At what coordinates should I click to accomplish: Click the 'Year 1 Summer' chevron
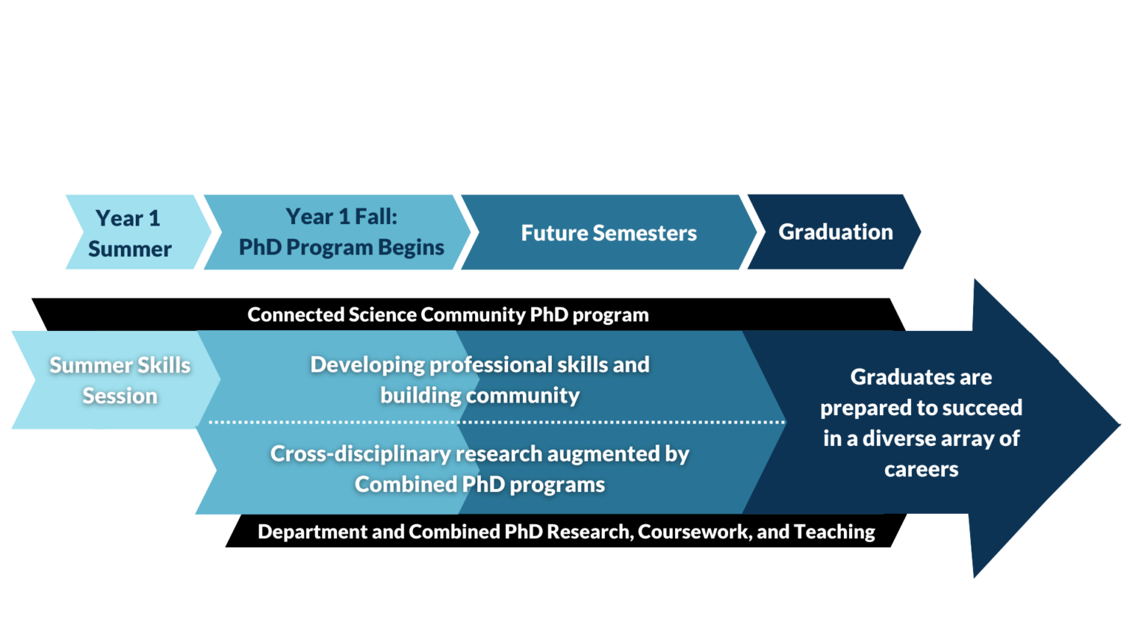coord(130,232)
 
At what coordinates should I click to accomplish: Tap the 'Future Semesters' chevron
coord(609,233)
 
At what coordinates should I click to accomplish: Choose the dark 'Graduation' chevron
coord(835,232)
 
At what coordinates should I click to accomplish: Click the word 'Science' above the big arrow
coord(383,315)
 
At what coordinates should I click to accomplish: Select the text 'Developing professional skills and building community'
coord(479,380)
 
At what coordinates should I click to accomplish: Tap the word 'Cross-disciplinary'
coord(334,453)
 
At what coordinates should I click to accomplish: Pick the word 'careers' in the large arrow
coord(921,470)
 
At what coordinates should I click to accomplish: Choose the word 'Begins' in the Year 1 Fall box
coord(411,247)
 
